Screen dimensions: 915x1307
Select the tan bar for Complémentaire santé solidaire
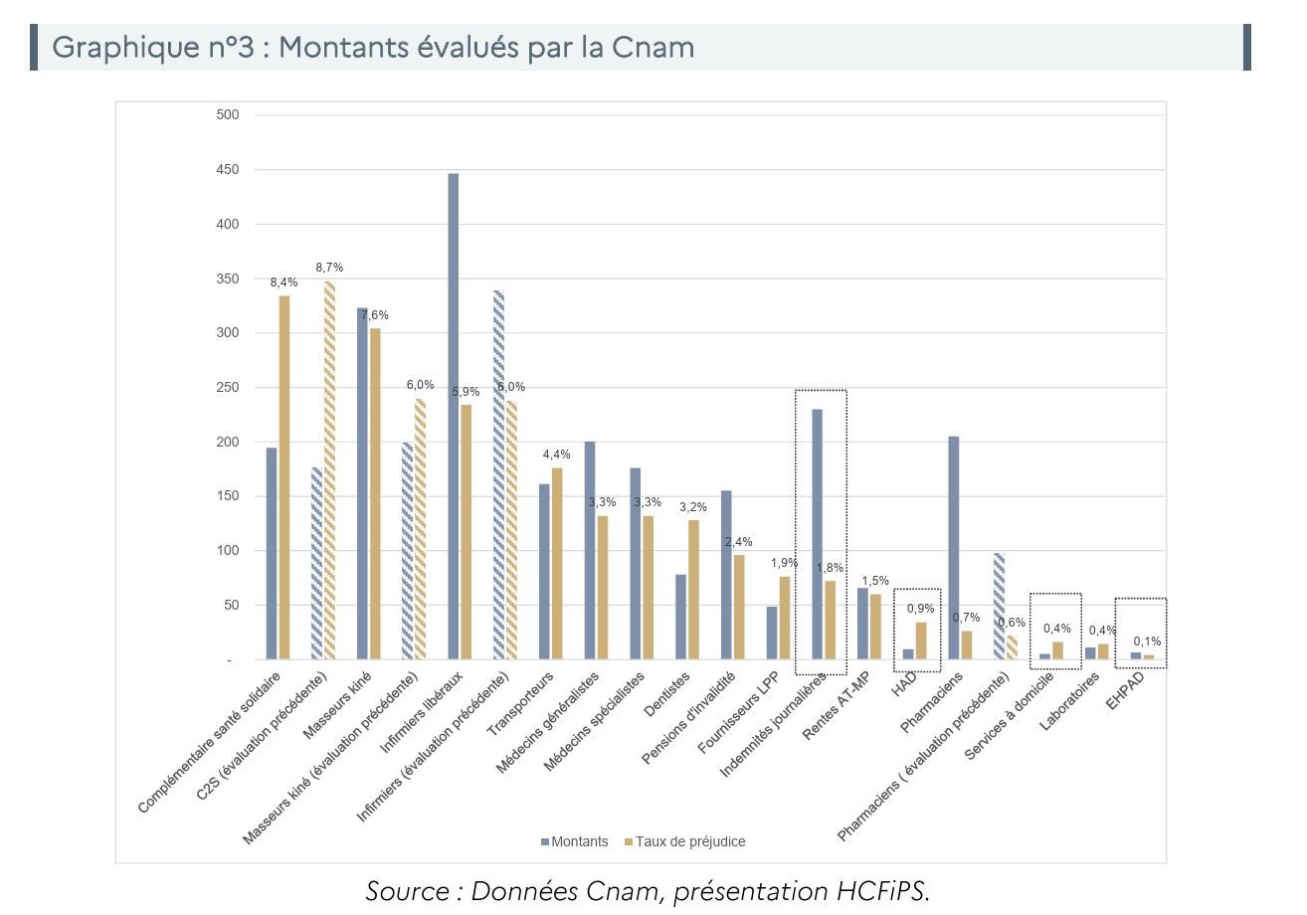tap(284, 477)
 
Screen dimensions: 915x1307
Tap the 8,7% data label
tap(329, 268)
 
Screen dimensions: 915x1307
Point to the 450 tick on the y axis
tap(228, 170)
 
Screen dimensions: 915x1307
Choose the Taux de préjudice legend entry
tap(684, 841)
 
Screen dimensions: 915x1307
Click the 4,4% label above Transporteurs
tap(556, 455)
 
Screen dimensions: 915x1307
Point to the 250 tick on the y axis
tap(228, 388)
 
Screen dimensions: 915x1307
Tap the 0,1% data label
tap(1147, 641)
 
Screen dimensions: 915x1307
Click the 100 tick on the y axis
tap(228, 551)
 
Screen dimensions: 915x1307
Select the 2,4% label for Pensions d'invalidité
tap(738, 542)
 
